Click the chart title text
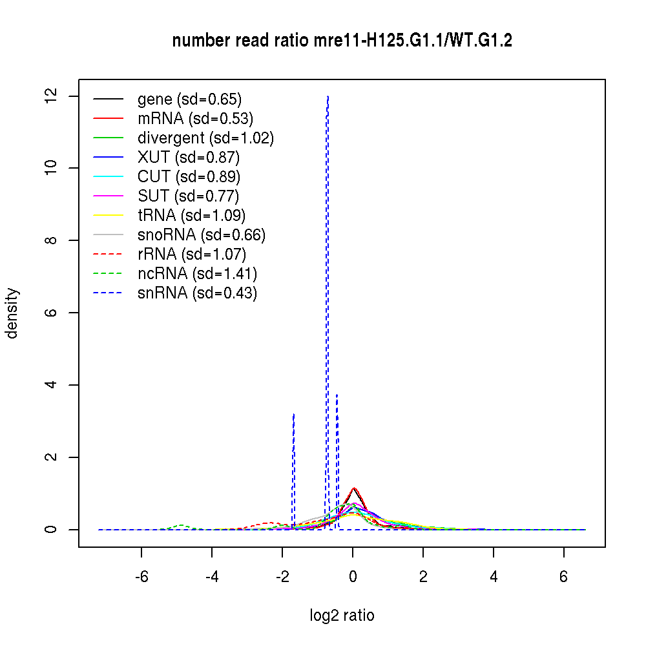click(342, 41)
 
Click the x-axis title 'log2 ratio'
click(342, 616)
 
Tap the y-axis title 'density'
click(12, 313)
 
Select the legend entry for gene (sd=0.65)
click(189, 99)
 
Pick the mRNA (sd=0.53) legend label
click(195, 119)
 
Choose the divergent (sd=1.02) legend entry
click(205, 138)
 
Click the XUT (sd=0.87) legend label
click(189, 158)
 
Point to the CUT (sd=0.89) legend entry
click(189, 177)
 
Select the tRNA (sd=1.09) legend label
click(191, 216)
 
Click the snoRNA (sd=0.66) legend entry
click(202, 235)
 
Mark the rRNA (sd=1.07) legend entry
click(192, 255)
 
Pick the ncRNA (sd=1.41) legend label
click(197, 274)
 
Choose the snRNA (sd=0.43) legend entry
click(197, 293)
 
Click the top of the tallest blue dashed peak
click(328, 96)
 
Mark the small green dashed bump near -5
click(181, 525)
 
